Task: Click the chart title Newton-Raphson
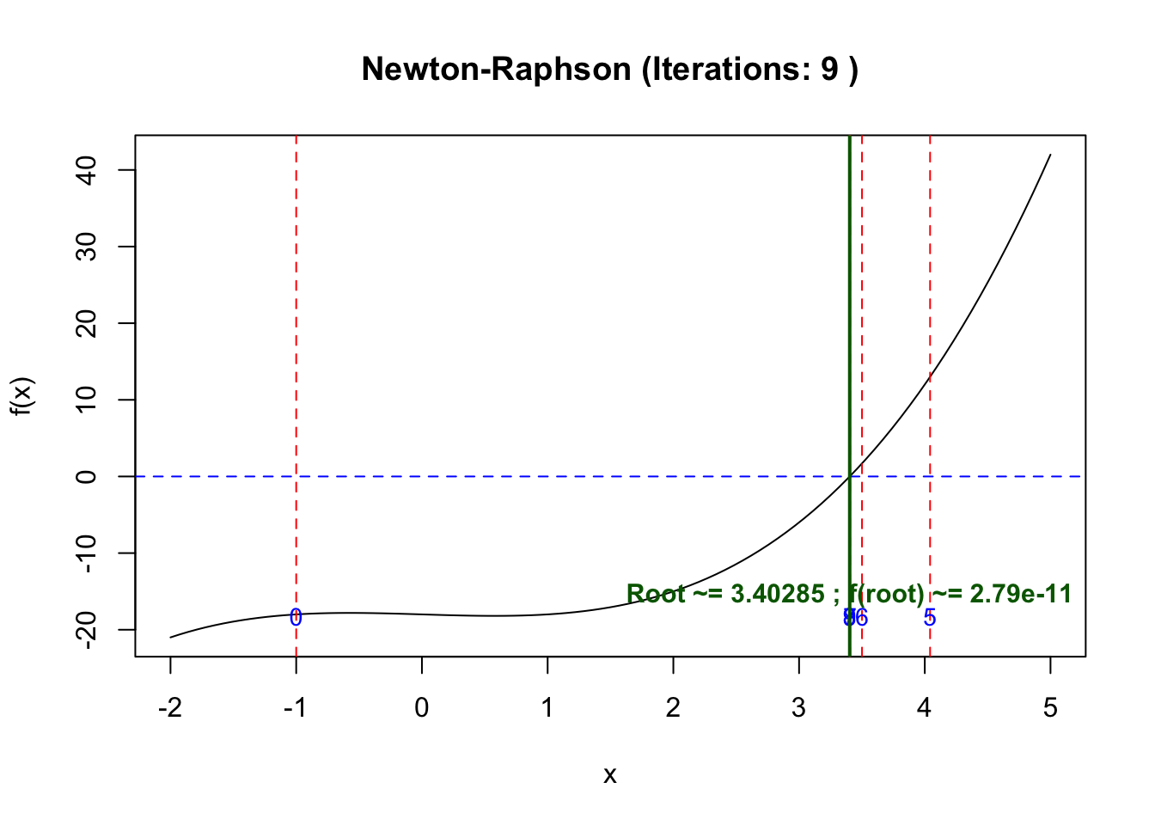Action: pos(496,69)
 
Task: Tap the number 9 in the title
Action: pos(829,69)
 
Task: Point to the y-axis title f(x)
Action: pos(22,396)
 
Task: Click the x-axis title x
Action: pos(610,775)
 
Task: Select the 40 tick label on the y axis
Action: pos(86,170)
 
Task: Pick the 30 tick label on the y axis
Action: pos(86,247)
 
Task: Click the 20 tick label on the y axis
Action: pos(86,323)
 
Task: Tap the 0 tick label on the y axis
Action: pos(86,476)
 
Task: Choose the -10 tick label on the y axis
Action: pos(86,553)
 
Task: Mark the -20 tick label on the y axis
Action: pos(86,629)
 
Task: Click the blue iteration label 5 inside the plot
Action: pos(930,618)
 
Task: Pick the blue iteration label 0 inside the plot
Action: pos(296,618)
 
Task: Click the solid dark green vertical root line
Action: pos(849,344)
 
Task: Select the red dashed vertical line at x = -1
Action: pos(296,344)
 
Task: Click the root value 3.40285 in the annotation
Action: pos(777,594)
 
